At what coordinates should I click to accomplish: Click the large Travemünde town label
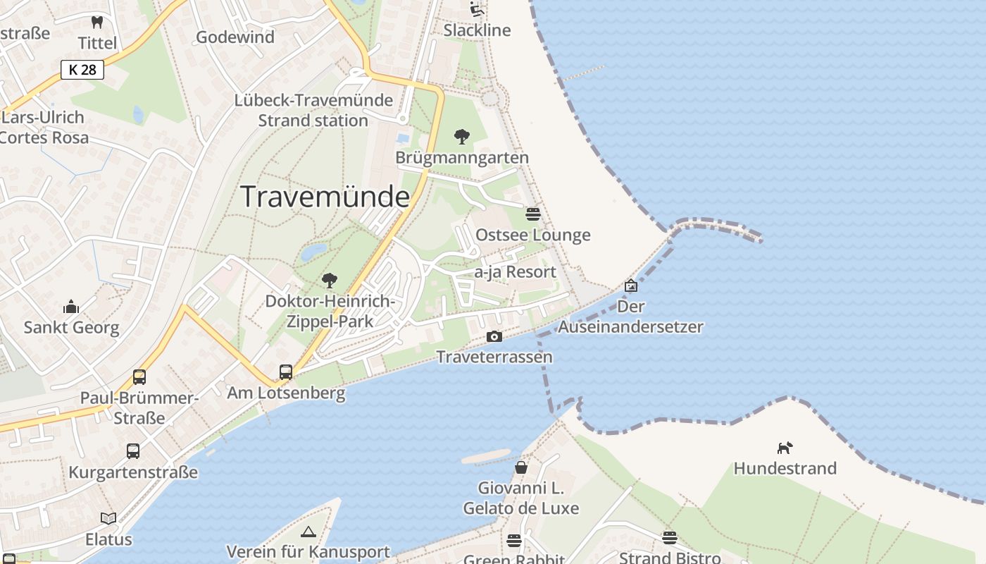[325, 197]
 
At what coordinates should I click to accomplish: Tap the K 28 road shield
[82, 70]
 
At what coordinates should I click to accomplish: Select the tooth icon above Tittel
[97, 22]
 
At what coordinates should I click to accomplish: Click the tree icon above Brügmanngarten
[462, 136]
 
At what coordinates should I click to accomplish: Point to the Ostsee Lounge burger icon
[533, 214]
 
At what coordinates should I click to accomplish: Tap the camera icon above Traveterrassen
[494, 337]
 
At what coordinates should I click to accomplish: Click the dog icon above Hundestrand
[785, 448]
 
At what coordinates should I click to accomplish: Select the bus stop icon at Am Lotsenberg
[285, 372]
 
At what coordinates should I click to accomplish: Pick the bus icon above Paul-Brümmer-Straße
[139, 377]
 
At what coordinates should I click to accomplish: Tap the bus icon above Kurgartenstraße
[132, 451]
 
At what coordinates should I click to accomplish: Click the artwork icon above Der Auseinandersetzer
[631, 286]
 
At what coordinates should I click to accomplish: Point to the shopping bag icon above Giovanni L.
[520, 467]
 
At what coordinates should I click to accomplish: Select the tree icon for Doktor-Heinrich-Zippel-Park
[329, 281]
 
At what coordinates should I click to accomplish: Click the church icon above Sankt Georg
[71, 307]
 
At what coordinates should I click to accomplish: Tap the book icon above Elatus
[108, 519]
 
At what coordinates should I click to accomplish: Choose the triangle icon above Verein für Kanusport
[308, 532]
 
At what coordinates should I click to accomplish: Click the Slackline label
[477, 30]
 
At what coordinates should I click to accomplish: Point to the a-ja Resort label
[515, 272]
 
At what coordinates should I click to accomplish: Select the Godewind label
[235, 37]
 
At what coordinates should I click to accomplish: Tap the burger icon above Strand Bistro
[669, 538]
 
